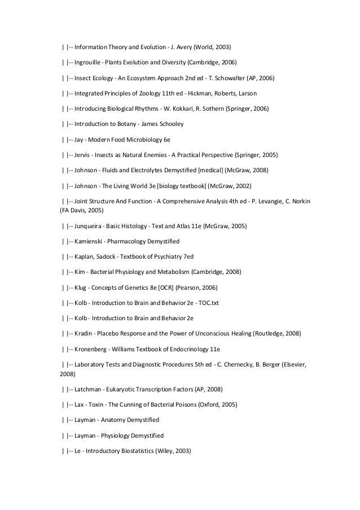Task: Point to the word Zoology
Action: point(160,92)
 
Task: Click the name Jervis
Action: point(83,153)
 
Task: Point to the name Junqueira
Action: point(90,226)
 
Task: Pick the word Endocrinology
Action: point(191,348)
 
